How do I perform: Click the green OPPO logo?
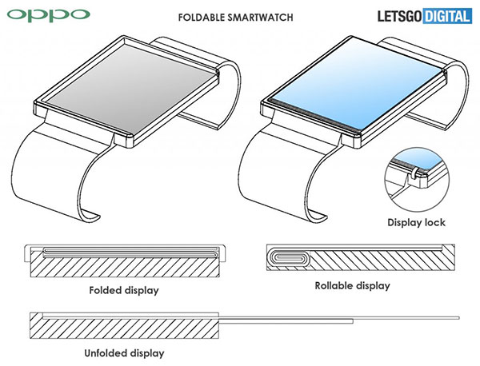click(x=48, y=15)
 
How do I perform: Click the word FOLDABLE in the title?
click(x=202, y=17)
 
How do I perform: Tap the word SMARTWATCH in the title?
click(x=261, y=17)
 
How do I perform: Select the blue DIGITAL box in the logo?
click(x=447, y=16)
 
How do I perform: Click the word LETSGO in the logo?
click(x=400, y=16)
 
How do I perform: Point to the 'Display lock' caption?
click(x=416, y=222)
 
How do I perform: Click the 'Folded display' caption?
click(x=124, y=290)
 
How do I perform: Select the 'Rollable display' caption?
click(x=352, y=285)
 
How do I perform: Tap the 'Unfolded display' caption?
click(x=124, y=353)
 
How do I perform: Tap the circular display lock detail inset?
click(x=417, y=180)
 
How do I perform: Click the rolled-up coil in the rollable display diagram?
click(x=288, y=257)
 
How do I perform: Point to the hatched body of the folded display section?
click(x=125, y=267)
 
